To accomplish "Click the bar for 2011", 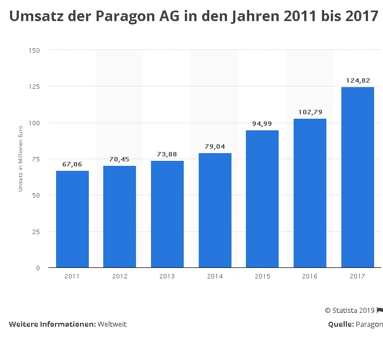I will (x=72, y=219).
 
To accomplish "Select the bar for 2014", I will (x=215, y=210).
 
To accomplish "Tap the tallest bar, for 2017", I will (x=357, y=178).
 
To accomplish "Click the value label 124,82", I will (x=357, y=80).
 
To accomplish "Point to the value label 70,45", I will (x=120, y=159).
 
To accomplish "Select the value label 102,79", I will (x=310, y=112).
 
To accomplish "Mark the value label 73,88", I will (x=167, y=154).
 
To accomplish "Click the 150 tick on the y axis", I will (x=35, y=50).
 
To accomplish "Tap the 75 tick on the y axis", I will (x=37, y=159).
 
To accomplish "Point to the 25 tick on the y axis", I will (x=37, y=231).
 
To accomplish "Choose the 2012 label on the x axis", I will (x=120, y=276).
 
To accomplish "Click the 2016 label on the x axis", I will (x=310, y=276).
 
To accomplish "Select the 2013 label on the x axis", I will (x=167, y=276).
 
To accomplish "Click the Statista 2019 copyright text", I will (x=350, y=310).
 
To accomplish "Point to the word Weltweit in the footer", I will (x=112, y=324).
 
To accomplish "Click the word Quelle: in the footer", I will (x=340, y=324).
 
